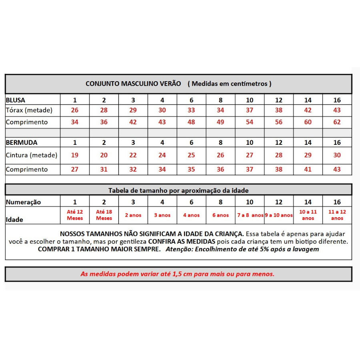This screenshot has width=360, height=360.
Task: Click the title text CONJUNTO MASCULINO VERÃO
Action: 130,84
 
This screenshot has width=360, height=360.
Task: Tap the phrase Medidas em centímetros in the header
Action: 231,84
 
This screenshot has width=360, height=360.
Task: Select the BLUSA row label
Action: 16,100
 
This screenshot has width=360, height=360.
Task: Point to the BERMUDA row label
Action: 22,142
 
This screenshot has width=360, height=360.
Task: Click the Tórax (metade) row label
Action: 29,110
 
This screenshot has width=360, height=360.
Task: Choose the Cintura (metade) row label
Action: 32,155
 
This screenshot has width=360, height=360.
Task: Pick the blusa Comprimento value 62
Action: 337,122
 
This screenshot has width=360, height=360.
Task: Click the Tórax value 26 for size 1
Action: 75,110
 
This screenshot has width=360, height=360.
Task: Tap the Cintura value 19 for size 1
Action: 75,155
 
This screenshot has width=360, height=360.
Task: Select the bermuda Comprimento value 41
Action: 308,169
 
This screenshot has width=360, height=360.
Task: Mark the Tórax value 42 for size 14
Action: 308,110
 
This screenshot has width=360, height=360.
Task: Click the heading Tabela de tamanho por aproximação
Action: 178,190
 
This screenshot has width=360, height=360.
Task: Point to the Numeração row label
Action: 23,202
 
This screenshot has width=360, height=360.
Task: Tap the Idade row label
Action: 14,219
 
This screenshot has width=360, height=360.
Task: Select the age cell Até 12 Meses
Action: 75,215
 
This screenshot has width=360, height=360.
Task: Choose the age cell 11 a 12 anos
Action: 337,215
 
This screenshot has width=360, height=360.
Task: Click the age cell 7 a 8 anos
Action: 250,215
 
